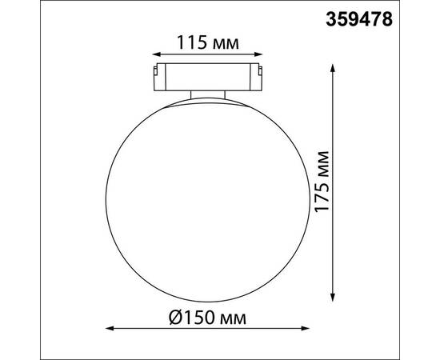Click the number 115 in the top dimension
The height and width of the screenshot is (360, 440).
pyautogui.click(x=188, y=42)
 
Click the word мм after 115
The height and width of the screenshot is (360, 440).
pyautogui.click(x=226, y=42)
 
